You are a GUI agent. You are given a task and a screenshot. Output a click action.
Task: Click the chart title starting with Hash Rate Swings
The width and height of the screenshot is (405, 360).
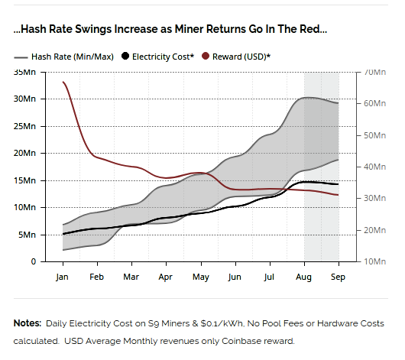click(x=170, y=29)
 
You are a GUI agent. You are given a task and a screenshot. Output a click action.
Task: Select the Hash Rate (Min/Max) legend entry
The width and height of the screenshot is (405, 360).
click(x=63, y=57)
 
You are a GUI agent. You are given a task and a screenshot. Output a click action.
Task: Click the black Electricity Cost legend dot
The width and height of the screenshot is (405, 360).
click(x=125, y=56)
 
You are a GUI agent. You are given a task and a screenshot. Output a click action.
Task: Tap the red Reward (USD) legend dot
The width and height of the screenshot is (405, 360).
click(x=206, y=56)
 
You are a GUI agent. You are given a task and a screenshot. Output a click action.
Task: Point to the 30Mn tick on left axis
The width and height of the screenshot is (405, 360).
click(x=24, y=99)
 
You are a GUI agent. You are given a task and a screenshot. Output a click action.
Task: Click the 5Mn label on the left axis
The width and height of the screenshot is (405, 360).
click(x=27, y=235)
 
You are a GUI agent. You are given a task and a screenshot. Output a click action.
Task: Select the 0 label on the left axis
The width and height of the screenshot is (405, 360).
click(x=34, y=261)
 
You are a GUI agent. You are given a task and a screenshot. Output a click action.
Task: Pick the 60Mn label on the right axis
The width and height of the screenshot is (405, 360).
click(x=374, y=103)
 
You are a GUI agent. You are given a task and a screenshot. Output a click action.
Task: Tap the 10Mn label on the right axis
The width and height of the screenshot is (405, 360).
click(x=374, y=261)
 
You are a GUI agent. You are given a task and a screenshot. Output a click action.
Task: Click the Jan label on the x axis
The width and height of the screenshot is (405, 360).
click(x=62, y=277)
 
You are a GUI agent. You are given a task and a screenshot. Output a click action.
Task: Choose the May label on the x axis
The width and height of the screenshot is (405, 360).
click(x=201, y=277)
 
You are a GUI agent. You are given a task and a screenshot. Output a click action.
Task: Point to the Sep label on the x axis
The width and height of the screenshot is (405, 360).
click(x=338, y=277)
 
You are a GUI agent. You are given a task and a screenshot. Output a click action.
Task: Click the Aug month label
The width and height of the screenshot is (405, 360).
click(x=304, y=277)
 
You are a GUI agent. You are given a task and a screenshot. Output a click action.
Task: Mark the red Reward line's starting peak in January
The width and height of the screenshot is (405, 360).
click(x=63, y=82)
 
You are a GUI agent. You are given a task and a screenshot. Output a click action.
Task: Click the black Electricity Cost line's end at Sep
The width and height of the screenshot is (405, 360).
click(x=338, y=184)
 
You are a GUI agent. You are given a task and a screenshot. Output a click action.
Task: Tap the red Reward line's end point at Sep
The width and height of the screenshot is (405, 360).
click(x=338, y=195)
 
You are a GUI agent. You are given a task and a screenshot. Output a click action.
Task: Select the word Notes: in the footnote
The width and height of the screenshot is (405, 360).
click(x=28, y=323)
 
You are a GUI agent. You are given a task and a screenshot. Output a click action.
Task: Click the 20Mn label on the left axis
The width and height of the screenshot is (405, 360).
click(x=24, y=154)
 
